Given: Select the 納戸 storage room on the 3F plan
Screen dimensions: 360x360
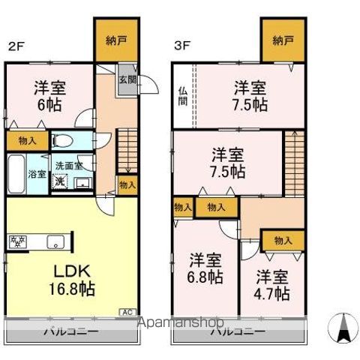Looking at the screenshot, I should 283,41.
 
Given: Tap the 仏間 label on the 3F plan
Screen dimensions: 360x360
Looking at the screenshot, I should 182,96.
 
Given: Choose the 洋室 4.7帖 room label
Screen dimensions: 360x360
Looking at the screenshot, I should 271,283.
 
